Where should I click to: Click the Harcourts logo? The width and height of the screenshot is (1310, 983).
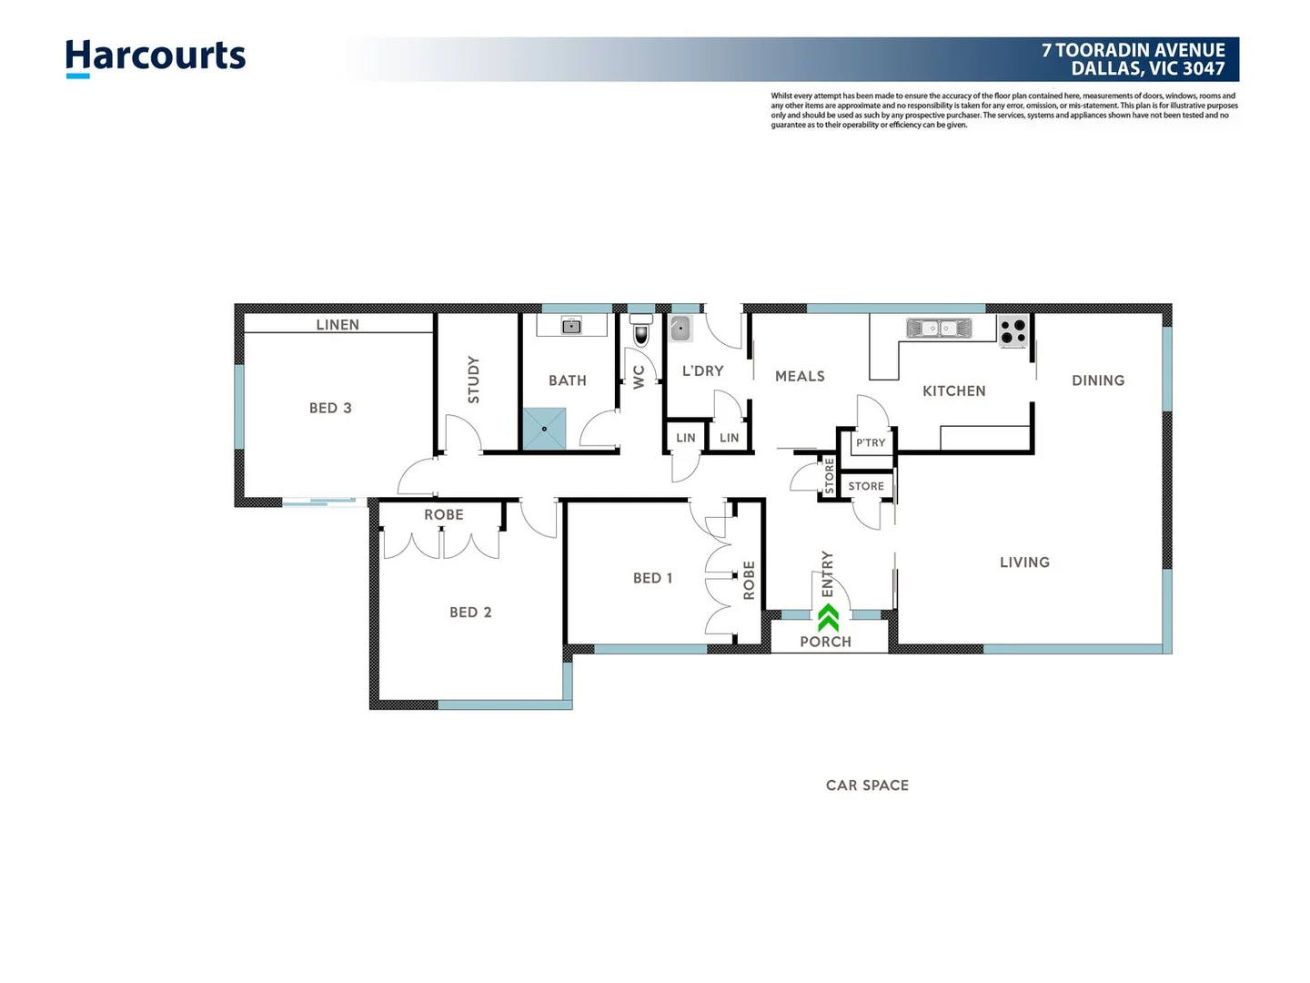click(156, 57)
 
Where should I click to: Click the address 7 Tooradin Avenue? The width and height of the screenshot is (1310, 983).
click(1133, 51)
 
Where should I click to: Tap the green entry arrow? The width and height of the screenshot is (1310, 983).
click(828, 618)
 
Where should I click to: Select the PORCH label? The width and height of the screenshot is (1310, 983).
click(825, 642)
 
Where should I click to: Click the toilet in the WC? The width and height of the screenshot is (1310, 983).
click(641, 332)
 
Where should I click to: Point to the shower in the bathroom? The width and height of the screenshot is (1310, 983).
click(544, 429)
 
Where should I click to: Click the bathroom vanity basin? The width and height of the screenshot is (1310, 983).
click(571, 326)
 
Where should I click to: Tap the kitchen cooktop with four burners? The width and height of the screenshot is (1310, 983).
click(1013, 331)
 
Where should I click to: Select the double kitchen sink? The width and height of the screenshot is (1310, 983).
click(939, 328)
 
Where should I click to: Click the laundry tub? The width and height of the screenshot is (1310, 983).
click(680, 329)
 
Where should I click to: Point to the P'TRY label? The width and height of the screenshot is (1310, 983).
click(871, 443)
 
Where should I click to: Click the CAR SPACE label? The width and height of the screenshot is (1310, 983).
click(867, 785)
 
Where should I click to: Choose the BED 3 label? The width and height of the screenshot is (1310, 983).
click(330, 408)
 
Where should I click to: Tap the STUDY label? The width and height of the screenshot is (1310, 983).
click(473, 380)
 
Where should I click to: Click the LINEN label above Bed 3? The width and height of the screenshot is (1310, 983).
click(338, 325)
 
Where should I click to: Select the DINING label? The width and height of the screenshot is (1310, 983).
click(1098, 380)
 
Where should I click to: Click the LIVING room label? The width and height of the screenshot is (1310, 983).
click(1024, 562)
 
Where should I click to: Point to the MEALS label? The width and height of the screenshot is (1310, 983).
click(800, 376)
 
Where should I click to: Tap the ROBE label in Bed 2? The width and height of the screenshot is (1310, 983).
click(444, 515)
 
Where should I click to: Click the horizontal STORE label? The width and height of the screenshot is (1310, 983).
click(866, 486)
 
